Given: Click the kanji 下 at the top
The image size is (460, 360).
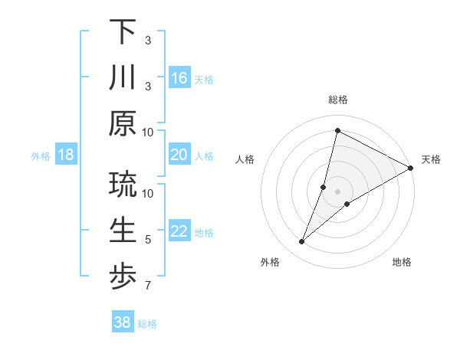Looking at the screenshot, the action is point(123,31).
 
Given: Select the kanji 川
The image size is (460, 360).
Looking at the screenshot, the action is point(123,78).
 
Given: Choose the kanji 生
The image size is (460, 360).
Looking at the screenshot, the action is point(123,231).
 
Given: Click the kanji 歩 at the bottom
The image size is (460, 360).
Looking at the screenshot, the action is point(123,277).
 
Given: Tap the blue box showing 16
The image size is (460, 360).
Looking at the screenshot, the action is point(179,77).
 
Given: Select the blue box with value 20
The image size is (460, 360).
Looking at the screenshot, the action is point(179,155).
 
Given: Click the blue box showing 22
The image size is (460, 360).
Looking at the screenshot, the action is point(179,231).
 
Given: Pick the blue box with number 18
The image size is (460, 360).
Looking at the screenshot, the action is point(66,155).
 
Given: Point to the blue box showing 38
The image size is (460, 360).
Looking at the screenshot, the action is point(123,322).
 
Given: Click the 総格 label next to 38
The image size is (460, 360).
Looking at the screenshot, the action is point(147,324).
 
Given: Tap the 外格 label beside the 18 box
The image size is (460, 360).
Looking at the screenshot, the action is point(41,156).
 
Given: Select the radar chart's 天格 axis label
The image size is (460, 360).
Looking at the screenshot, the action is point(431,159).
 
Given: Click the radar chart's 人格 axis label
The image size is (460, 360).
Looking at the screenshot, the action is point(245,159).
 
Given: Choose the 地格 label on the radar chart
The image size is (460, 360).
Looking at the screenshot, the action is point(402,263).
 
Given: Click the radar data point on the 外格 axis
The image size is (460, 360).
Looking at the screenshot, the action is point(301,242).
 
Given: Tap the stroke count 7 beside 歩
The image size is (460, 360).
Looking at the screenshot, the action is point(148,286).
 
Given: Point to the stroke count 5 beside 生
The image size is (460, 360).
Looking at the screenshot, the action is point(148,240).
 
